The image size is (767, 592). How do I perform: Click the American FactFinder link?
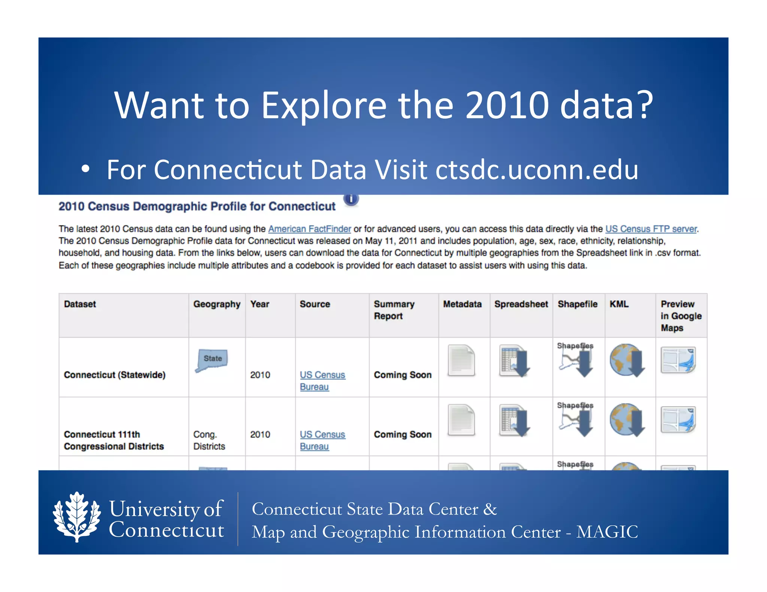309,229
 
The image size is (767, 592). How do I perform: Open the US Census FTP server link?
651,229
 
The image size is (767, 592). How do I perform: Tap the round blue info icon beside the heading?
351,199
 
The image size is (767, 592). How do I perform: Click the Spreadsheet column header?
521,304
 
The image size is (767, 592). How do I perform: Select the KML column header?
619,304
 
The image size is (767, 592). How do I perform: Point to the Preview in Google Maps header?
680,316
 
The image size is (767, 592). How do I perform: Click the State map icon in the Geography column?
212,360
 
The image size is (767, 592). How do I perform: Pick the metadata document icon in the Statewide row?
461,360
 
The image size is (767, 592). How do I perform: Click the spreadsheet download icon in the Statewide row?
514,361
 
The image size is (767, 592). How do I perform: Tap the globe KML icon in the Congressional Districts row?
627,419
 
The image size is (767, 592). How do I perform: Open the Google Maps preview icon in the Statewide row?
678,360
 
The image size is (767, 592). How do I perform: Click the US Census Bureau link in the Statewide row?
322,381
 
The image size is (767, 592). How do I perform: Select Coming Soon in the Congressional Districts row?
403,434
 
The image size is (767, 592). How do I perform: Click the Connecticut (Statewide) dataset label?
115,375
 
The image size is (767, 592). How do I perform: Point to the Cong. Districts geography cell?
209,440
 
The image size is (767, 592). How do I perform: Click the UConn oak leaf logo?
77,517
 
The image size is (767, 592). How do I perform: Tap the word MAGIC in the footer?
607,532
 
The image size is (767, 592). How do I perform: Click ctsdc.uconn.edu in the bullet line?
537,170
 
